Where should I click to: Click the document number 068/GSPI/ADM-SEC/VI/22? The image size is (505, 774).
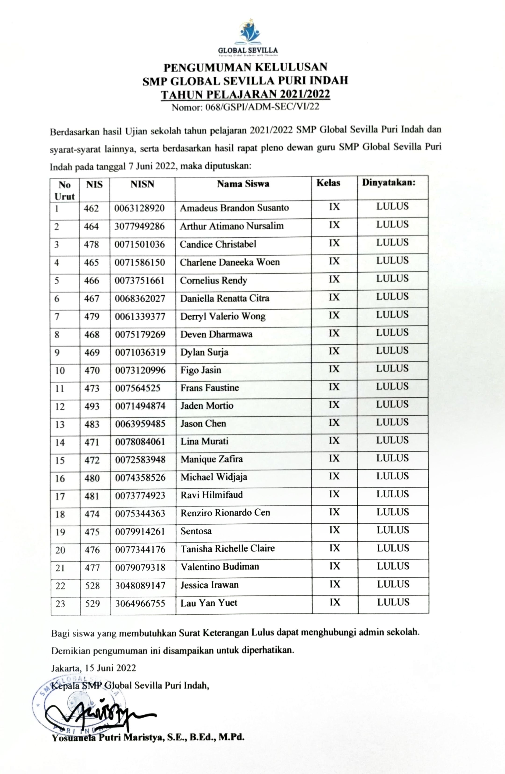click(x=245, y=107)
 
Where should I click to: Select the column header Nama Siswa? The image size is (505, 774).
click(x=243, y=184)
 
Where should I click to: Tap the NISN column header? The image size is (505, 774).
click(x=142, y=184)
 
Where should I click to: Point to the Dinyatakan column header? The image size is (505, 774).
click(x=389, y=182)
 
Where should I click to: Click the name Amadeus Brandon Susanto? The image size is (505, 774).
click(x=234, y=208)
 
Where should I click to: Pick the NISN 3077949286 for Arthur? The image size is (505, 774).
click(x=139, y=226)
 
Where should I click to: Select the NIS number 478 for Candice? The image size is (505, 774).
click(x=91, y=244)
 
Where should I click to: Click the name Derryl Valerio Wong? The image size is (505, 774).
click(x=223, y=316)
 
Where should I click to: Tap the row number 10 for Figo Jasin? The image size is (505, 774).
click(x=60, y=371)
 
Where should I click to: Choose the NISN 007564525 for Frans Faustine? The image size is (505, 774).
click(x=138, y=388)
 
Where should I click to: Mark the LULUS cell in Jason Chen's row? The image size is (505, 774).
click(x=392, y=422)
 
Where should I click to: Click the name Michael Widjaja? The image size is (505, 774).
click(x=214, y=477)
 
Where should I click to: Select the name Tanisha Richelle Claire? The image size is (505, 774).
click(x=228, y=549)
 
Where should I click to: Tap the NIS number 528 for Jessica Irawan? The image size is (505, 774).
click(x=92, y=586)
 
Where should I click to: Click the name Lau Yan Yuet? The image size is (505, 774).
click(x=209, y=603)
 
